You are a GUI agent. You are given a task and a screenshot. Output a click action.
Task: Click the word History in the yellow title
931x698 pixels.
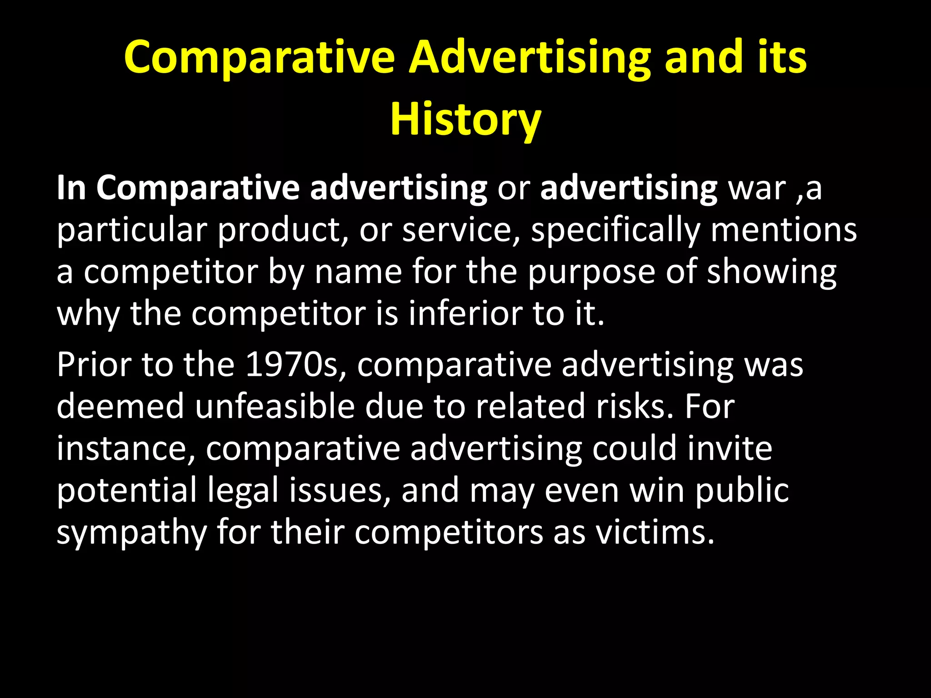[x=465, y=119]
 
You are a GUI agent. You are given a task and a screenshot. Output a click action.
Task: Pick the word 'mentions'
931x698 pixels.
[x=784, y=230]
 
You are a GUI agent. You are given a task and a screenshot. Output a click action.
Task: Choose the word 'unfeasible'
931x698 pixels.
[x=275, y=406]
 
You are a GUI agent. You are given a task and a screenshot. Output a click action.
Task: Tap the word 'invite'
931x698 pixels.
[x=730, y=448]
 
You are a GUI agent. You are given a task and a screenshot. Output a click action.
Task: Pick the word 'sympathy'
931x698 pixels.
[x=132, y=533]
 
